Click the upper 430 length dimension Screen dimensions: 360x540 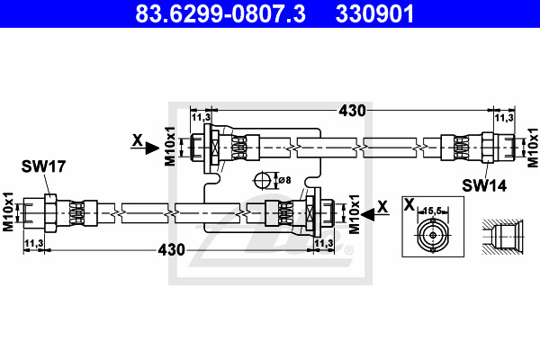pyautogui.click(x=352, y=111)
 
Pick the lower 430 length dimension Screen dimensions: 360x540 pyautogui.click(x=172, y=248)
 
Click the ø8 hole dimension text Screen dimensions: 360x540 pyautogui.click(x=283, y=180)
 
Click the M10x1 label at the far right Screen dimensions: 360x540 pyautogui.click(x=532, y=144)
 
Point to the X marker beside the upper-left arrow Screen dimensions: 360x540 pyautogui.click(x=137, y=140)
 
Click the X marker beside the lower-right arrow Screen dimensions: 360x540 pyautogui.click(x=384, y=205)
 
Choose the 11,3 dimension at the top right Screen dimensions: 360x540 pyautogui.click(x=504, y=117)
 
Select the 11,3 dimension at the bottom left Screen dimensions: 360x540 pyautogui.click(x=35, y=242)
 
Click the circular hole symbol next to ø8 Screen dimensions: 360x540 pyautogui.click(x=264, y=178)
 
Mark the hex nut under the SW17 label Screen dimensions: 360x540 pyautogui.click(x=50, y=211)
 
